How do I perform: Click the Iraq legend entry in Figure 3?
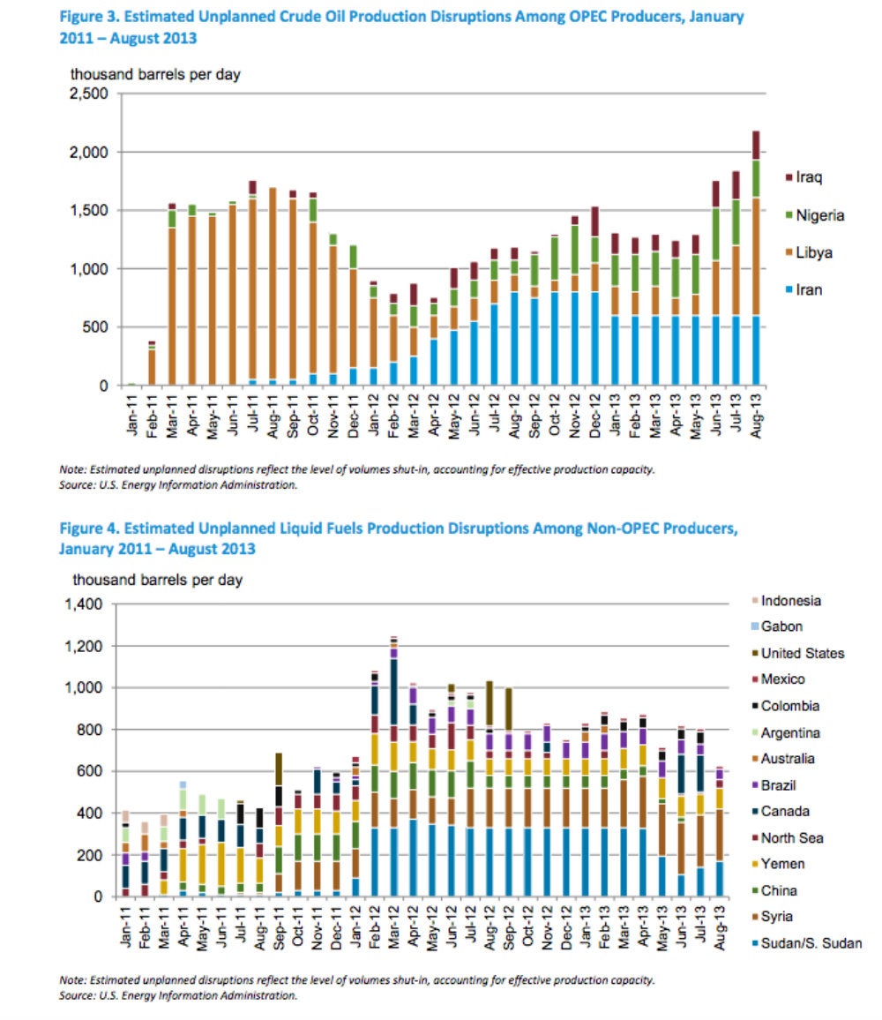tap(804, 177)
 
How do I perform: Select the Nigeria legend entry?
tap(815, 215)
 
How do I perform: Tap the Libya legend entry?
tap(809, 252)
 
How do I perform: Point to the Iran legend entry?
tap(804, 289)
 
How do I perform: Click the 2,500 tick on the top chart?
tap(88, 94)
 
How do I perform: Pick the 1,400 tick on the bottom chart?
tap(83, 604)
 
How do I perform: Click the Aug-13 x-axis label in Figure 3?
tap(755, 415)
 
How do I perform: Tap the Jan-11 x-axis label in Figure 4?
tap(125, 926)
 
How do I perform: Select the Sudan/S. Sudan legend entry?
tap(806, 943)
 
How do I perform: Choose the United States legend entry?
tap(798, 653)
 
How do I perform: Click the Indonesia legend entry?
tap(787, 600)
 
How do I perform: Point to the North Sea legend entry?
tap(788, 838)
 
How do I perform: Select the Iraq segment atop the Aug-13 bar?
tap(756, 145)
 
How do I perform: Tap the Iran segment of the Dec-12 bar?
tap(594, 338)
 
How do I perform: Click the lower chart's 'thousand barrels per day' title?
tap(157, 580)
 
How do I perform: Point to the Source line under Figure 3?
tap(178, 484)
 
